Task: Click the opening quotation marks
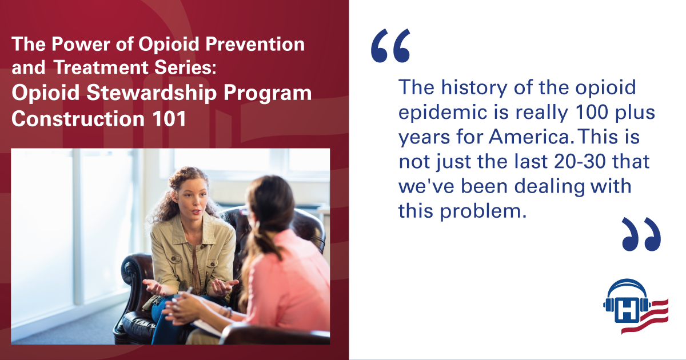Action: tap(390, 46)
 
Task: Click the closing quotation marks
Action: tap(641, 234)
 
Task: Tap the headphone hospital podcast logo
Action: tap(636, 306)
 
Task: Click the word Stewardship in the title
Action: tap(152, 93)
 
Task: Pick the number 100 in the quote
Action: tap(592, 112)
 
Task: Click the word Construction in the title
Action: tap(78, 118)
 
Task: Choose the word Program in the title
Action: tap(268, 94)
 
